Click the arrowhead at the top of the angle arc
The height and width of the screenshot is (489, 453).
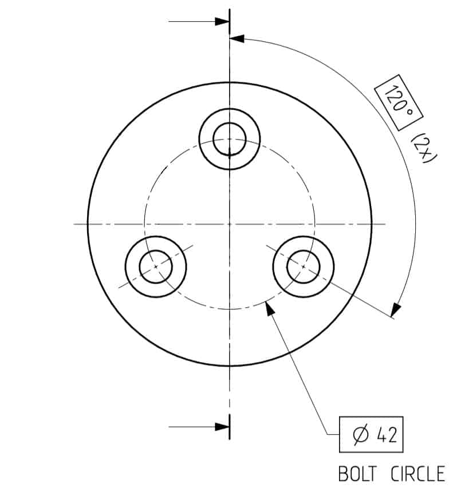237,39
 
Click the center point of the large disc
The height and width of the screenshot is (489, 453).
230,224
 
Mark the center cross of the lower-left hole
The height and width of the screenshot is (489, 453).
156,267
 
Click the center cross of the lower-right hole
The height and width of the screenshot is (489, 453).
304,267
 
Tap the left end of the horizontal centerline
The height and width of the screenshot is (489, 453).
75,224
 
